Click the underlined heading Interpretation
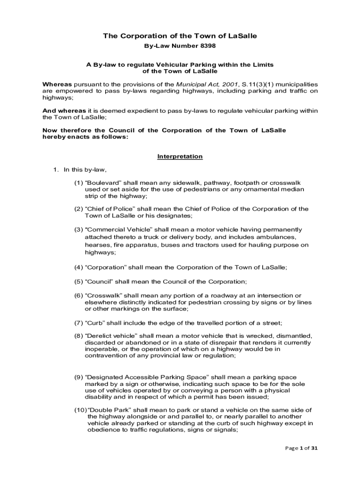[180, 156]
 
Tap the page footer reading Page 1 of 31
[302, 448]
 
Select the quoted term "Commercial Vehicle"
[114, 230]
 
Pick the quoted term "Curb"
[95, 323]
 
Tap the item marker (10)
[80, 410]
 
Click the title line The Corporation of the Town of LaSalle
[180, 36]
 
